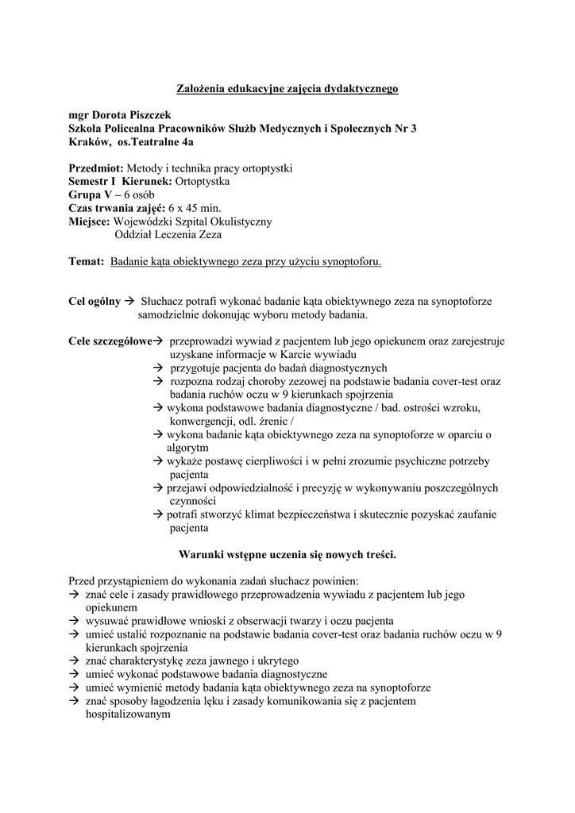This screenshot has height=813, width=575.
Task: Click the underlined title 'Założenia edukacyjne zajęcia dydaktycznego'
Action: click(x=287, y=89)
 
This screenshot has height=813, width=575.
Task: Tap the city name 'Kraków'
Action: click(x=89, y=142)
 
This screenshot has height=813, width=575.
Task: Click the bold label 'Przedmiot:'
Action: click(x=96, y=168)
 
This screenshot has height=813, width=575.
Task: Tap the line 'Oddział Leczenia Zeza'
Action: click(x=168, y=234)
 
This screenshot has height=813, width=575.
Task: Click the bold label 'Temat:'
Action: click(x=87, y=261)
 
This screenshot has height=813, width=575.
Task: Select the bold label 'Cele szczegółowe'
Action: click(x=110, y=341)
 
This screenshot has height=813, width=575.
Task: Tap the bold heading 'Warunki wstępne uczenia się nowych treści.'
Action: click(x=287, y=554)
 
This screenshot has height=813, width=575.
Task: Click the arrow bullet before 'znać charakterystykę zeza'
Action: click(x=75, y=661)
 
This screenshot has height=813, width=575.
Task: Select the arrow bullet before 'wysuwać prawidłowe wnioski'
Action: click(x=75, y=621)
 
